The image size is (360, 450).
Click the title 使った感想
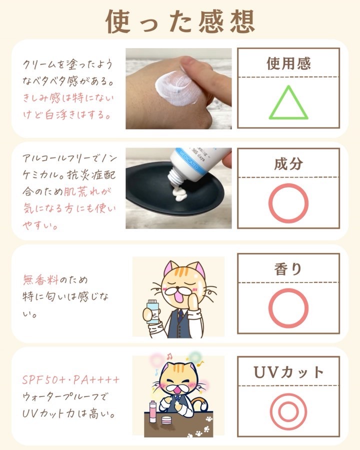click(180, 21)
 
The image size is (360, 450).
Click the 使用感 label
click(288, 63)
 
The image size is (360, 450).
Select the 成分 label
click(288, 164)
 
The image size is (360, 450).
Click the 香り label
click(288, 269)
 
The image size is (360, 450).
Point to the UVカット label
click(288, 372)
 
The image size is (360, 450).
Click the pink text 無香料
click(40, 279)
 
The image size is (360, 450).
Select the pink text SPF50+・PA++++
click(70, 380)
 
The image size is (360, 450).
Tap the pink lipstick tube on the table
click(152, 412)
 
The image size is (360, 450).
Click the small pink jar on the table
click(166, 420)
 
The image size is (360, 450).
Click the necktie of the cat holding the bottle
click(179, 315)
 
